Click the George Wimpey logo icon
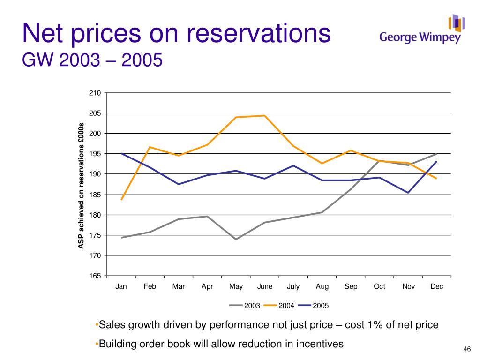pos(457,23)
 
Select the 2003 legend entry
pos(245,305)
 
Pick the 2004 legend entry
pos(279,305)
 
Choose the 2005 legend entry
pos(313,305)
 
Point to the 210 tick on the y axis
pos(95,93)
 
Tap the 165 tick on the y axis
pos(95,276)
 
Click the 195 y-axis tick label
pos(95,154)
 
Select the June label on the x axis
pos(265,286)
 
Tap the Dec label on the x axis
pos(437,286)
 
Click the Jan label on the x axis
pos(121,286)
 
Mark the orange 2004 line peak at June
pos(264,115)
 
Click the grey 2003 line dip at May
pos(236,239)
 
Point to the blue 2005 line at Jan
pos(121,153)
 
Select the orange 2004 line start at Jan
pos(121,200)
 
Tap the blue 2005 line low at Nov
pos(408,193)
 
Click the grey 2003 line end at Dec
pos(436,154)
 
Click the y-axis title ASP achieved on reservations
pos(81,186)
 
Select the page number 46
pos(467,349)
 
